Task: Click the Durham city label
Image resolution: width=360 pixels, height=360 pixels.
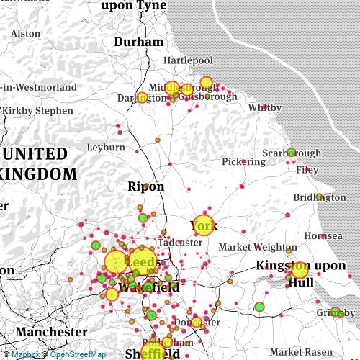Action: (x=139, y=42)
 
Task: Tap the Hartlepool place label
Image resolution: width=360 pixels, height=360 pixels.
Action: (x=188, y=60)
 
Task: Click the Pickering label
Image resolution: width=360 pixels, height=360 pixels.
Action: (x=243, y=161)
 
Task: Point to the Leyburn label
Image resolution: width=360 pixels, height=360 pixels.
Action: (x=106, y=147)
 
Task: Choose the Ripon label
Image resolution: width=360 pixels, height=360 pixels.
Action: (x=146, y=186)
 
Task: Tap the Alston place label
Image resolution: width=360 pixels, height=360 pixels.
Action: (x=26, y=33)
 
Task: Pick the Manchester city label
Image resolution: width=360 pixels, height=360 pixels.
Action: (x=51, y=332)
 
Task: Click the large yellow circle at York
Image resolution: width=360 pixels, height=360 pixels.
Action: (x=204, y=225)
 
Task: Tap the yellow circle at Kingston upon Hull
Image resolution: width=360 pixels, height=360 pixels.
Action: (x=300, y=270)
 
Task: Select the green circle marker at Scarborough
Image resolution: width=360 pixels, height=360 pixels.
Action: (x=292, y=153)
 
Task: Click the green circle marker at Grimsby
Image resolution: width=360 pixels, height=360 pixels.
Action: (x=335, y=312)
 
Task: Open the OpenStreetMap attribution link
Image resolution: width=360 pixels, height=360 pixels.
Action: (x=78, y=354)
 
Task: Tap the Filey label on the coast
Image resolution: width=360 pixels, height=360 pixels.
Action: (x=307, y=170)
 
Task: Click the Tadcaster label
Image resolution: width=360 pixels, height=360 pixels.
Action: (x=180, y=243)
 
